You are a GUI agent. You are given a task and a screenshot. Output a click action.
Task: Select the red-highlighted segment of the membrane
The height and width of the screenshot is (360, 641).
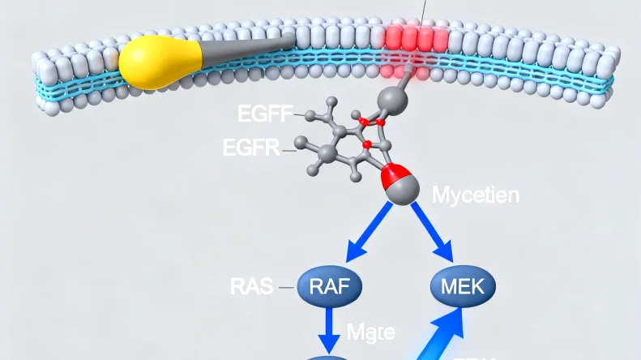click(x=415, y=39)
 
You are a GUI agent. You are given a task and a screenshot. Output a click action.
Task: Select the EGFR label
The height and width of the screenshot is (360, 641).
click(x=250, y=148)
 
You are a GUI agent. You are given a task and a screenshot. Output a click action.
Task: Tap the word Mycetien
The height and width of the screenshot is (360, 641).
click(x=476, y=195)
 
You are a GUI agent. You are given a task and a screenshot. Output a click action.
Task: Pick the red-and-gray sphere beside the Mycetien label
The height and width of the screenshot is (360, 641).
click(x=400, y=185)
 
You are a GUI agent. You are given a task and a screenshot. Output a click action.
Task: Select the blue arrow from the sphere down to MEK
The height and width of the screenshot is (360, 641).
click(x=433, y=229)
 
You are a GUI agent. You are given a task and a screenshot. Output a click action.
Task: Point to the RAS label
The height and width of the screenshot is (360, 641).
click(x=251, y=285)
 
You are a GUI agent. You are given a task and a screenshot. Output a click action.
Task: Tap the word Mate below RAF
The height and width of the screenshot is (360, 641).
click(x=370, y=332)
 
